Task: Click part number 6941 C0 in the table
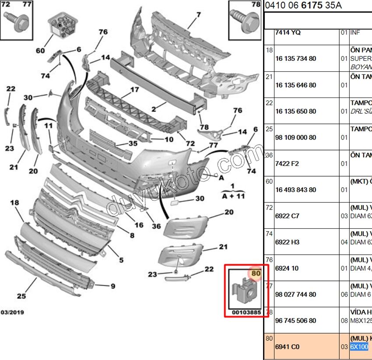287,347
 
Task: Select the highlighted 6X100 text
359,347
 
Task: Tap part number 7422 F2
287,164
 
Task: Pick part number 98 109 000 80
295,137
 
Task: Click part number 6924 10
287,269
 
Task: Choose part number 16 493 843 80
295,190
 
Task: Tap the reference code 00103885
246,312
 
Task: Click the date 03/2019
12,312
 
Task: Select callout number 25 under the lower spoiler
21,296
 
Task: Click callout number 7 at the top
199,15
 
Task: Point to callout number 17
135,91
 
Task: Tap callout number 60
40,51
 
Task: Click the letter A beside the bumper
221,178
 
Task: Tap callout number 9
113,287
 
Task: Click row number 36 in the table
269,155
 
